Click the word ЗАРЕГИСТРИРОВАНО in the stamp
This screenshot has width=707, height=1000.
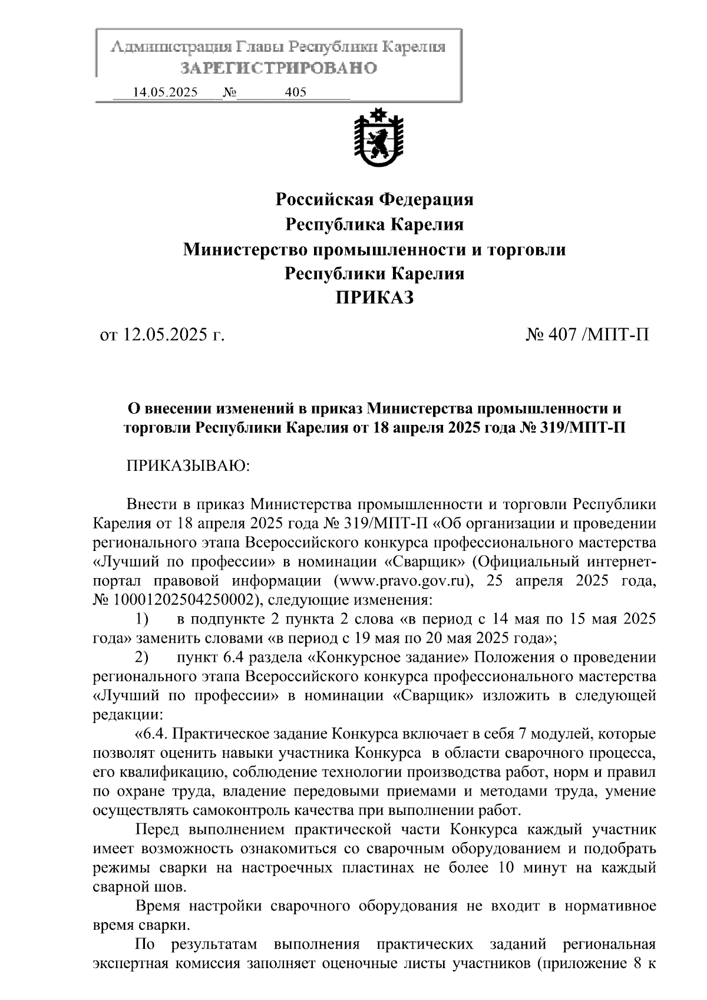pyautogui.click(x=278, y=68)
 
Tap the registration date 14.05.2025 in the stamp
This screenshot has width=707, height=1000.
pyautogui.click(x=166, y=93)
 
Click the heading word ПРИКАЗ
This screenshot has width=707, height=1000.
pyautogui.click(x=375, y=298)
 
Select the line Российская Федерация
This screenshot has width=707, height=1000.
pyautogui.click(x=375, y=199)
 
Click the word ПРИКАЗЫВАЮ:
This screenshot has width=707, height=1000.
pyautogui.click(x=189, y=466)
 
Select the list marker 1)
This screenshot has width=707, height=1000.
pyautogui.click(x=141, y=619)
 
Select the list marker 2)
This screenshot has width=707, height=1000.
pyautogui.click(x=141, y=657)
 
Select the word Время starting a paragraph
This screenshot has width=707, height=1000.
pyautogui.click(x=158, y=906)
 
